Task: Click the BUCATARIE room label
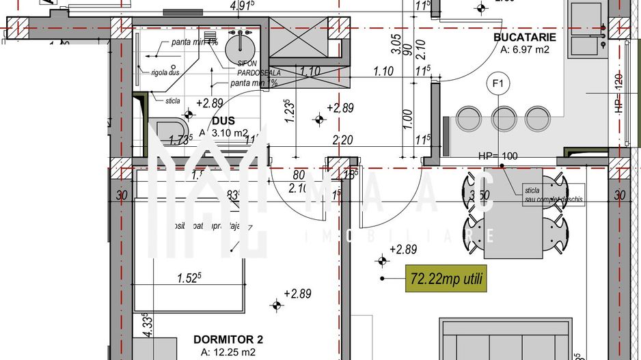525,37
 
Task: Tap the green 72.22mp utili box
446,278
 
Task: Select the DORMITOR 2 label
228,339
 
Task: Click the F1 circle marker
499,84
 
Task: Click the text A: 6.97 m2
525,49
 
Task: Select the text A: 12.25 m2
228,352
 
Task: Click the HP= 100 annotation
498,156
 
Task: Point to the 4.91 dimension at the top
242,5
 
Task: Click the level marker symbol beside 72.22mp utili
381,260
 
